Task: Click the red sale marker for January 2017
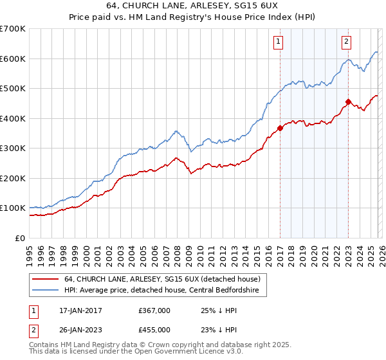pos(280,128)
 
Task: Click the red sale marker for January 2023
pos(348,102)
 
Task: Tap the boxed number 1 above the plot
pos(279,42)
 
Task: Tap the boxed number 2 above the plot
pos(346,42)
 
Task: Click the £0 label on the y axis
pos(19,238)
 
